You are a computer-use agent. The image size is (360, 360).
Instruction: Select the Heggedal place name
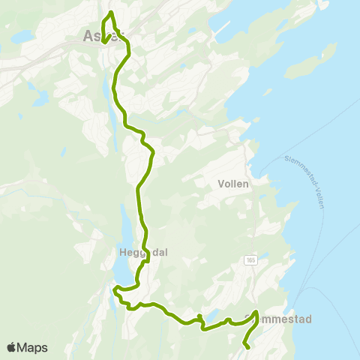(142, 253)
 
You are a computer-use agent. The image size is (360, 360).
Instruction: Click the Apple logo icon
(12, 347)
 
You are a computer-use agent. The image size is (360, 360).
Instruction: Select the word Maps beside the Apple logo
(32, 347)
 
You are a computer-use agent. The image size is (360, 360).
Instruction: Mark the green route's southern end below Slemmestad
(246, 346)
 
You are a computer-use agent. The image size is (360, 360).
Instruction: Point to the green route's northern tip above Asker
(111, 13)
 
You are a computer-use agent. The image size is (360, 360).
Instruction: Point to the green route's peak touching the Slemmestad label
(256, 313)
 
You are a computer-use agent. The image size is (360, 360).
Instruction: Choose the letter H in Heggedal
(123, 253)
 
